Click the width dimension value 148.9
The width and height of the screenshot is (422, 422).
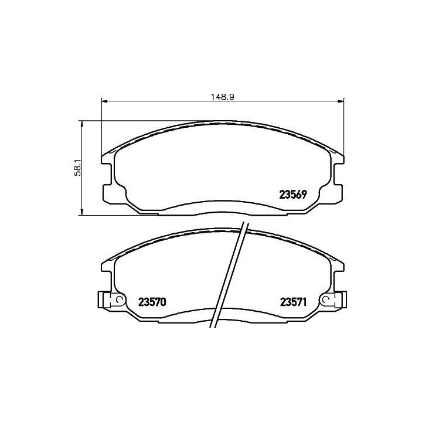[x=222, y=97]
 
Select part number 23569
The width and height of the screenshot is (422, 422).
[x=293, y=195]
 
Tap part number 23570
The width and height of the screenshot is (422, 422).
[x=152, y=302]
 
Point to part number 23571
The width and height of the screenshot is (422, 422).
[x=294, y=302]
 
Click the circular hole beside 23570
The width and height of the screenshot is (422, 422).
[x=118, y=300]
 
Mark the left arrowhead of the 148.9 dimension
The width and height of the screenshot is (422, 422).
[x=104, y=101]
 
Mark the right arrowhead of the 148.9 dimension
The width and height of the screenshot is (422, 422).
[x=341, y=101]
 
